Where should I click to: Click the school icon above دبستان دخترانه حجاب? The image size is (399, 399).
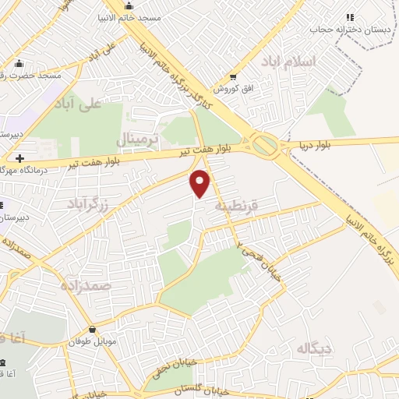[x=350, y=16]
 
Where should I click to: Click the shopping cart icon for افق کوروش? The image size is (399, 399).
[x=233, y=76]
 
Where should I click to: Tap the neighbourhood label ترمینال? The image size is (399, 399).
[x=137, y=139]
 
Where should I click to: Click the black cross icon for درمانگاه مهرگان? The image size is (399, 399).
[x=19, y=158]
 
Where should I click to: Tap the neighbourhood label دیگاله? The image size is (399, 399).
[x=309, y=348]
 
